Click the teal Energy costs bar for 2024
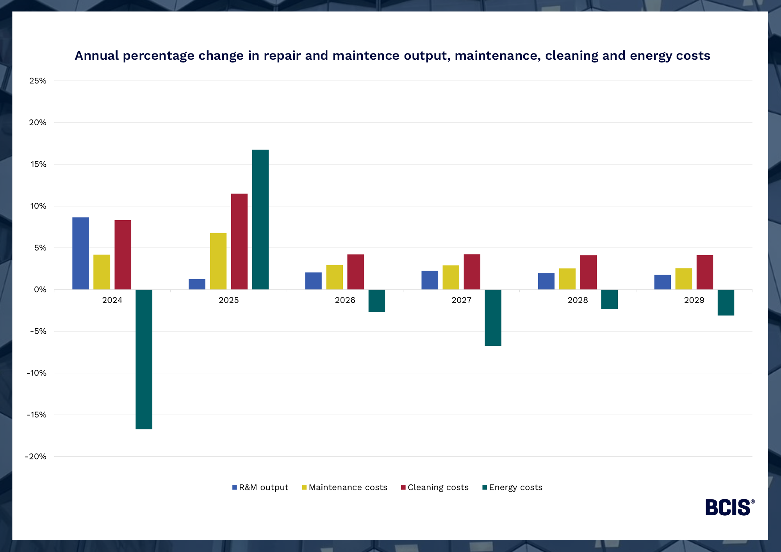(144, 359)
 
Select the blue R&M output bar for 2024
(80, 253)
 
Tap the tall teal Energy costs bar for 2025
(260, 219)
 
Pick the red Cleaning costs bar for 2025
(239, 241)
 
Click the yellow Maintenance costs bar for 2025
(218, 261)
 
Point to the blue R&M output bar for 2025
(197, 284)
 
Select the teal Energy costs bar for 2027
(493, 318)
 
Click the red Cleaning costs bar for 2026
(355, 272)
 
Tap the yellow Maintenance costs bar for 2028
(567, 279)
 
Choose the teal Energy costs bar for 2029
(726, 303)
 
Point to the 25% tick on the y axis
(38, 81)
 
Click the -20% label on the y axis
(36, 456)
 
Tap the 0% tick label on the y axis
(40, 290)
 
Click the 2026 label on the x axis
(345, 300)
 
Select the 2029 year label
(694, 300)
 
